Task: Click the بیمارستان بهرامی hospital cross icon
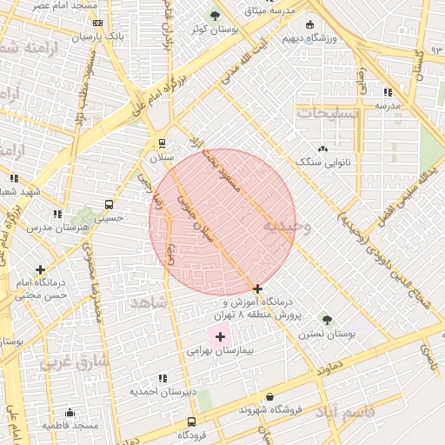(x=220, y=336)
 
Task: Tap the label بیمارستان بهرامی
(x=219, y=352)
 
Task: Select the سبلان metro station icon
(x=162, y=143)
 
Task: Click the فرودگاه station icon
(x=191, y=422)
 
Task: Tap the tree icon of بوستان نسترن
(x=327, y=321)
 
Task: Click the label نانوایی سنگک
(x=324, y=163)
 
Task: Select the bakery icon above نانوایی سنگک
(x=324, y=149)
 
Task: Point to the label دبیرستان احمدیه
(x=160, y=391)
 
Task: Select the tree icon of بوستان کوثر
(x=216, y=16)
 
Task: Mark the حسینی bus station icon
(x=109, y=205)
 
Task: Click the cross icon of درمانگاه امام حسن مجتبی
(x=40, y=269)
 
